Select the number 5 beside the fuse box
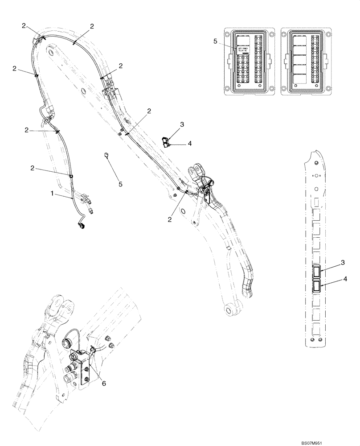(215, 41)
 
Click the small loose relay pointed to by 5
(106, 154)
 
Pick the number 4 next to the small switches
(189, 144)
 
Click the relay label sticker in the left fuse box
(244, 50)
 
